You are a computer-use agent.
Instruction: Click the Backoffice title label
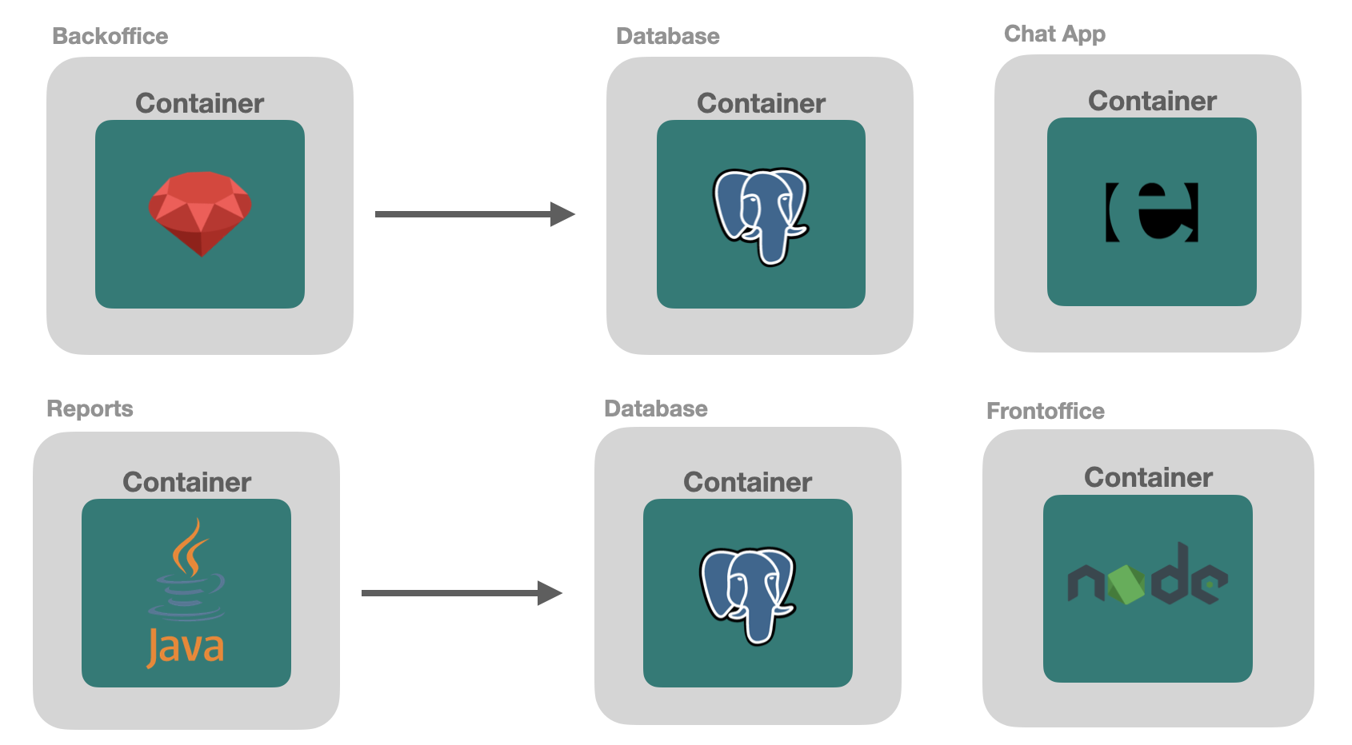[110, 36]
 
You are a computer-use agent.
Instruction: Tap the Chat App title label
[1054, 34]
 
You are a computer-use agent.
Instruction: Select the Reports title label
[90, 408]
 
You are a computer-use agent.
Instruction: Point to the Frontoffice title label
[1045, 411]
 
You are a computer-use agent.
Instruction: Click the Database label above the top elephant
[667, 36]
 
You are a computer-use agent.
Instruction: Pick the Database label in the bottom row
[655, 408]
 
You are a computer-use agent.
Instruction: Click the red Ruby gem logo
[200, 213]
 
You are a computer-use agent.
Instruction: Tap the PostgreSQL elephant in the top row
[760, 214]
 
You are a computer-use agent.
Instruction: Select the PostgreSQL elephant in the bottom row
[747, 594]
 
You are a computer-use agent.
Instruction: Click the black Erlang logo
[1152, 212]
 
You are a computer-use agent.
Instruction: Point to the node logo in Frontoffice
[1147, 577]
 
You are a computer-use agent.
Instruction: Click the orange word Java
[186, 647]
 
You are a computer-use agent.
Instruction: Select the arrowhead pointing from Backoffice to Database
[562, 214]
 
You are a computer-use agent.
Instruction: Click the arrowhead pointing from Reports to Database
[550, 593]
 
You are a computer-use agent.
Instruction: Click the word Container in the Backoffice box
[199, 103]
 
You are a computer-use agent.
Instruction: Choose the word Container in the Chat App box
[1152, 101]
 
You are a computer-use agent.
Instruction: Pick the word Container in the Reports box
[186, 482]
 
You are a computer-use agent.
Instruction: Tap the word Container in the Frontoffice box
[1148, 477]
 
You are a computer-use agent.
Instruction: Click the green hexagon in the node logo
[1127, 584]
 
